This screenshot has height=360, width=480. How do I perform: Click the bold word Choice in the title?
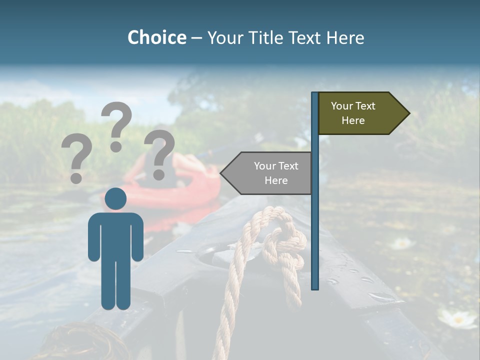tap(156, 37)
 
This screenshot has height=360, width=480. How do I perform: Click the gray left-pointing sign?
tap(270, 173)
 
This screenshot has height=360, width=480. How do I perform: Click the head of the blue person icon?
tap(116, 198)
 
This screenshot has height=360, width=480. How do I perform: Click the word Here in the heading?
tap(345, 37)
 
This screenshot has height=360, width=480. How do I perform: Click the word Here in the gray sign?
tap(276, 180)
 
